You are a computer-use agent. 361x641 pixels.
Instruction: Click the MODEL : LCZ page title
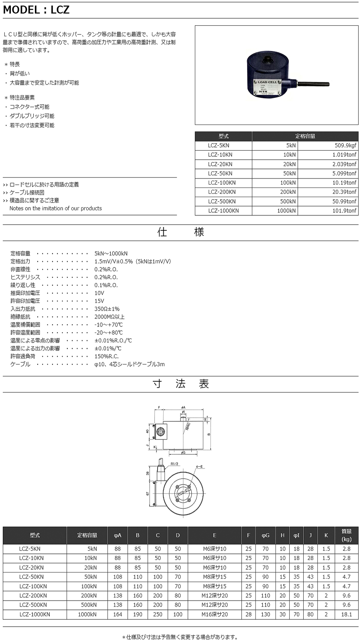[37, 10]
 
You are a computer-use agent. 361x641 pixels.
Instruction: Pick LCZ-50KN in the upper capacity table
[220, 173]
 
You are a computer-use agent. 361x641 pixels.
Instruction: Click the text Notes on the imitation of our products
[55, 208]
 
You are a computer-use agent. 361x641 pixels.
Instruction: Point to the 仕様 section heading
[180, 232]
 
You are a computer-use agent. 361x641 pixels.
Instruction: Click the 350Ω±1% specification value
[107, 309]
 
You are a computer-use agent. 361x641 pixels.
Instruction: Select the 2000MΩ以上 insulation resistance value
[110, 317]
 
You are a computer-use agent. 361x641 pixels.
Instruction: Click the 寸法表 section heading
[180, 384]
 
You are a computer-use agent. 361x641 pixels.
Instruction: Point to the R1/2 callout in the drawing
[174, 464]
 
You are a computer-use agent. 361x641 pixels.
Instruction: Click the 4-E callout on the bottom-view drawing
[199, 467]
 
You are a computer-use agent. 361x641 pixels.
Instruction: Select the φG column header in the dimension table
[266, 535]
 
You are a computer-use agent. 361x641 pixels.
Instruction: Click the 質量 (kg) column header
[346, 535]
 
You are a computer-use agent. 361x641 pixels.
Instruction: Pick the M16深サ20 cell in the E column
[215, 614]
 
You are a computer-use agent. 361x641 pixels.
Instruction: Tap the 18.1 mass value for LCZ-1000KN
[346, 614]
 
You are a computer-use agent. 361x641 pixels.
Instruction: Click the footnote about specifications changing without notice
[180, 637]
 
